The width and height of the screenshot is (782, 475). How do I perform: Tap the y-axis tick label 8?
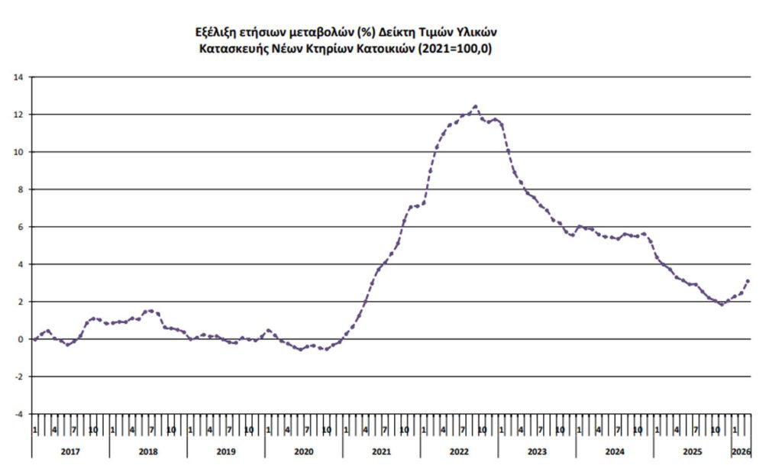(x=21, y=189)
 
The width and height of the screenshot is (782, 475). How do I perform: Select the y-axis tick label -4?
(x=20, y=414)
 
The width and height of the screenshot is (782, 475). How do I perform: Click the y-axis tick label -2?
(x=20, y=376)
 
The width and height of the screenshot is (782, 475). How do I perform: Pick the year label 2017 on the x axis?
(x=69, y=451)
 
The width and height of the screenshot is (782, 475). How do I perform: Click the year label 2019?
(x=225, y=451)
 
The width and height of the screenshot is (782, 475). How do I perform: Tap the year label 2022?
(x=459, y=451)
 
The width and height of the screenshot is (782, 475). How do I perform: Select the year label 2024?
(x=615, y=451)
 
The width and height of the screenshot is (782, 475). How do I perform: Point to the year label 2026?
(x=741, y=451)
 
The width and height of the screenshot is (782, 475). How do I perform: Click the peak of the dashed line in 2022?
(x=476, y=106)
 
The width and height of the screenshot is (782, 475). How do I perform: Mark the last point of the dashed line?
(x=748, y=281)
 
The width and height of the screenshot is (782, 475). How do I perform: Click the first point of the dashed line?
(x=34, y=339)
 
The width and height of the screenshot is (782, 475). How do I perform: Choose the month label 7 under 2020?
(x=307, y=430)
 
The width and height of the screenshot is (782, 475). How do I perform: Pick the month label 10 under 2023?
(x=560, y=430)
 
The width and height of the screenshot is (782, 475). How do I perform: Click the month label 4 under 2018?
(x=132, y=430)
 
